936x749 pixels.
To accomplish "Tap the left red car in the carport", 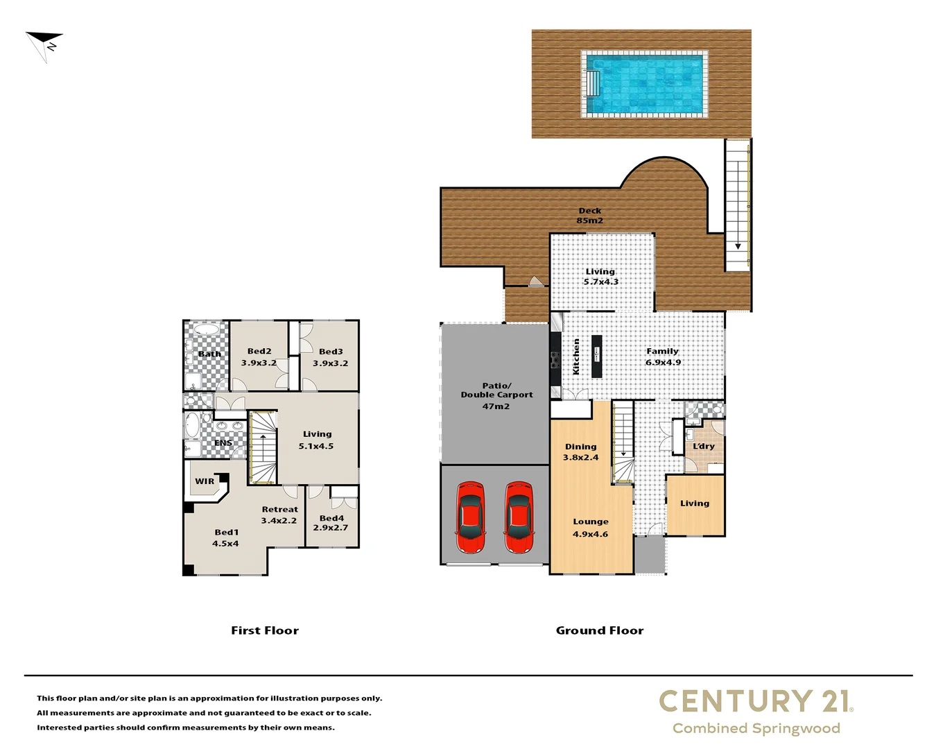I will [x=469, y=517].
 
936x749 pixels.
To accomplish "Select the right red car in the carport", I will [x=519, y=517].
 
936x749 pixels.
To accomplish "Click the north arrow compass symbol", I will [x=45, y=44].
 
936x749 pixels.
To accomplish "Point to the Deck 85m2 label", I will [x=590, y=216].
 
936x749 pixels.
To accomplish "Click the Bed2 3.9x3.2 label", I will [x=259, y=357].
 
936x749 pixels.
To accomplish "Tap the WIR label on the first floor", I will [x=205, y=481].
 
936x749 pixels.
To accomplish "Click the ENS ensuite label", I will [x=223, y=442].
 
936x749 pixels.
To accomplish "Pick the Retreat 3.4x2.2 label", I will [x=279, y=515].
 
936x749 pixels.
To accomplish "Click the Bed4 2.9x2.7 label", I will [x=331, y=523].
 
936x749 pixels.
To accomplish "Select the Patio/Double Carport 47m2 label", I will [x=496, y=395].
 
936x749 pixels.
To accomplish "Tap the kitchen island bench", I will [x=596, y=356].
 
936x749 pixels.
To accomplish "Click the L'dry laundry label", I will [x=703, y=446].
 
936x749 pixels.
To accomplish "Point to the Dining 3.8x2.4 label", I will [x=580, y=452].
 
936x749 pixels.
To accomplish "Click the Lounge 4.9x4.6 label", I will [x=591, y=528].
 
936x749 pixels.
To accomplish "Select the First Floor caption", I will [x=265, y=630].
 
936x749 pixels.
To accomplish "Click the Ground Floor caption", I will [x=600, y=630].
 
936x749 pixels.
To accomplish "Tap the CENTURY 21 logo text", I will [x=755, y=701].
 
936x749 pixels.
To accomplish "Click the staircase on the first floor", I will [x=263, y=448].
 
